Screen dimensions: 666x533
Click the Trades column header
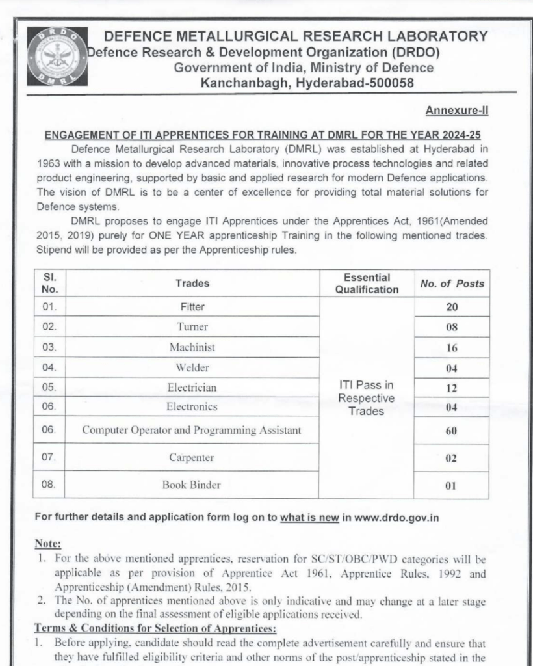tap(192, 283)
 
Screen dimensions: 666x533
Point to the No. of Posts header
tap(452, 283)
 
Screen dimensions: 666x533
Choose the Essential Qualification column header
tap(367, 284)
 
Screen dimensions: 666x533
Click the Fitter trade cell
tap(192, 306)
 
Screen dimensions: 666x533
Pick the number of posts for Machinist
tap(452, 348)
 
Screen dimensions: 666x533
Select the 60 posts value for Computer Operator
tap(452, 431)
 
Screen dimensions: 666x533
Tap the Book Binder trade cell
tap(192, 485)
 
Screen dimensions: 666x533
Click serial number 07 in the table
tap(49, 458)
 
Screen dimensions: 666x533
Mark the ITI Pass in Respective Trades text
tap(367, 397)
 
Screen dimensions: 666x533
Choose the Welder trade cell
tap(192, 367)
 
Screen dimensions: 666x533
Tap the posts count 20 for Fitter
tap(452, 307)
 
